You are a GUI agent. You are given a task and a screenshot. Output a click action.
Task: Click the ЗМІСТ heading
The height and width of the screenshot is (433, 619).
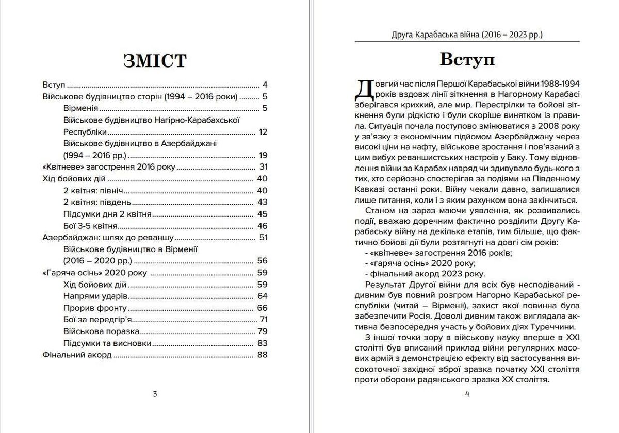click(155, 61)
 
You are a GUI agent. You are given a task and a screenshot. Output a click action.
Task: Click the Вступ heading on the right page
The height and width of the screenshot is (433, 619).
click(467, 59)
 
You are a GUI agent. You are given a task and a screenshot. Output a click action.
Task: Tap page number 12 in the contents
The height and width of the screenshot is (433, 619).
click(263, 132)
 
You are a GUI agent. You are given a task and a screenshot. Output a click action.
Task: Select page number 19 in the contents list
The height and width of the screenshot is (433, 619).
click(263, 155)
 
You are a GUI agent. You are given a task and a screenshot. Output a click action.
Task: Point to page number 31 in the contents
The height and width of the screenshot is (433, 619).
click(263, 167)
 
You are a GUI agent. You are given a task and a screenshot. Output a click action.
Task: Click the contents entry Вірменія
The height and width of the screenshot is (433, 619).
click(81, 108)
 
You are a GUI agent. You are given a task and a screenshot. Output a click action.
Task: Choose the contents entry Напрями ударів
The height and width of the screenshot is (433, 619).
click(95, 296)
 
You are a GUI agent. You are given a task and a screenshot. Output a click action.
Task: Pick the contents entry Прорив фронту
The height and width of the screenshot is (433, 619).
click(95, 308)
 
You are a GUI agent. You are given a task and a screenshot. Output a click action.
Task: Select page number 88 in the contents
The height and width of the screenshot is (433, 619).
click(263, 355)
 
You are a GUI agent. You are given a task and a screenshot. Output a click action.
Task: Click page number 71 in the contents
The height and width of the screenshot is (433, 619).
click(264, 319)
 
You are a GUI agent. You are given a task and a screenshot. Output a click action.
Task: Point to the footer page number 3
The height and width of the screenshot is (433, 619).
click(155, 394)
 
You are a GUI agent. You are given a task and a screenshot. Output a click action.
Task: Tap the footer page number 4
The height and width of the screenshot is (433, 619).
click(467, 394)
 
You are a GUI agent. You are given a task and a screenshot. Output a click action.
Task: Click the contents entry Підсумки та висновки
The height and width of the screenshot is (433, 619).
click(107, 343)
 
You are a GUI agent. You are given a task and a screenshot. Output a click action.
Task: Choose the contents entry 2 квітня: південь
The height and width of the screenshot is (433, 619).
click(97, 202)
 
